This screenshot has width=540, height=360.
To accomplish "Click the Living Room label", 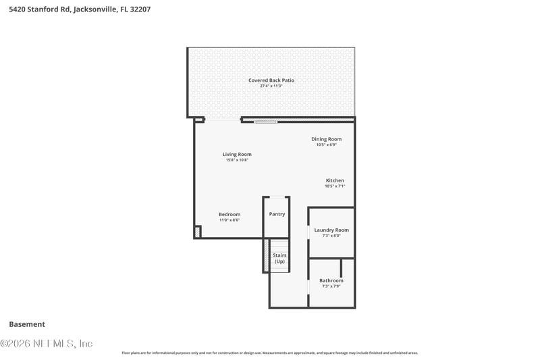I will click(x=237, y=154).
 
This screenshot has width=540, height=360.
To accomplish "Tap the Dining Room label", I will click(x=326, y=139).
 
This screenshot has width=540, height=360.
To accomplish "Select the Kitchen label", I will click(x=335, y=180).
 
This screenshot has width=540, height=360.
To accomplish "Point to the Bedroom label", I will click(x=230, y=214).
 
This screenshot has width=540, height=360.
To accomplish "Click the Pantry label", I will click(x=277, y=214).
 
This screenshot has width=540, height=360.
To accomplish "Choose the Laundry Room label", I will click(x=331, y=230).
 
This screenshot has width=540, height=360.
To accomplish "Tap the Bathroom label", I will click(x=331, y=280).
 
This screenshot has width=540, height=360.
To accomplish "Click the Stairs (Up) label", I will click(x=279, y=258).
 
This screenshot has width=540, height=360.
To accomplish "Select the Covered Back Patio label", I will click(x=271, y=80).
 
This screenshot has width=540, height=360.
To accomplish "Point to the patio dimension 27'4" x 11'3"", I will click(x=271, y=86).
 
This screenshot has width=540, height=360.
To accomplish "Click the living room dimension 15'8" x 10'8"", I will click(x=237, y=159).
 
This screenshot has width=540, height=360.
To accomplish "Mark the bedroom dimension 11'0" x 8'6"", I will click(x=230, y=220).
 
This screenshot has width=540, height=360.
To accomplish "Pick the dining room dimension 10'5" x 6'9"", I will click(x=326, y=145).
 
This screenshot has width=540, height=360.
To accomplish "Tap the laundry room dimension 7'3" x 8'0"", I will click(x=331, y=235).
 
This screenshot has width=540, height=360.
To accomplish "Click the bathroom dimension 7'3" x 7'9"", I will click(x=331, y=286).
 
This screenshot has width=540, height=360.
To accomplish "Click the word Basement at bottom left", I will click(x=27, y=324).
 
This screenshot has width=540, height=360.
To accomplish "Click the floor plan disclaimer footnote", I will click(x=270, y=353).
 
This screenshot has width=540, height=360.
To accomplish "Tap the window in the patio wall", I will click(x=265, y=122).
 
